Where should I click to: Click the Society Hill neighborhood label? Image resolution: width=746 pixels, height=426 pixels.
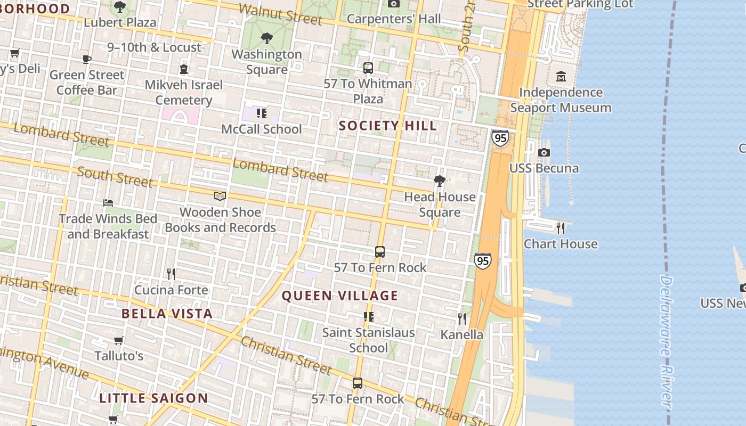pyautogui.click(x=387, y=126)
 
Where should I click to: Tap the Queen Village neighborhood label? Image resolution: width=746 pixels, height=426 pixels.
pyautogui.click(x=340, y=296)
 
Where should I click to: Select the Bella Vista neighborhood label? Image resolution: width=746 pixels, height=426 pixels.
pyautogui.click(x=167, y=313)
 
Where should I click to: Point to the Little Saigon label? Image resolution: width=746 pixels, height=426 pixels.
pyautogui.click(x=153, y=398)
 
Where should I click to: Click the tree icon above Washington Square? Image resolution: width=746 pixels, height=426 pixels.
pyautogui.click(x=266, y=38)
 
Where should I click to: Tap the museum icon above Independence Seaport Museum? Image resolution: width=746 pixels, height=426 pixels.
pyautogui.click(x=561, y=77)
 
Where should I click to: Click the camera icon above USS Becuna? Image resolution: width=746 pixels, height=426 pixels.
pyautogui.click(x=544, y=153)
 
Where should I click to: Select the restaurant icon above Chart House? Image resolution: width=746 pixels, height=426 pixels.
pyautogui.click(x=560, y=228)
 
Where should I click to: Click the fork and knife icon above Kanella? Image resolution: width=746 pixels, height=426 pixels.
pyautogui.click(x=461, y=319)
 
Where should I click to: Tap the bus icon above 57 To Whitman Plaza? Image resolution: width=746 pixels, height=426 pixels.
pyautogui.click(x=368, y=68)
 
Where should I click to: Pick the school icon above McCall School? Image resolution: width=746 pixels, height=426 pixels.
pyautogui.click(x=261, y=113)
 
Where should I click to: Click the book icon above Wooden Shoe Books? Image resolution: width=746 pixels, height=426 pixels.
pyautogui.click(x=220, y=196)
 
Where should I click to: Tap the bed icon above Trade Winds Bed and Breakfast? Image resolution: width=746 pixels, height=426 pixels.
pyautogui.click(x=108, y=203)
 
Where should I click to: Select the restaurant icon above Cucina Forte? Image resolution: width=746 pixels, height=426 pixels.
pyautogui.click(x=171, y=274)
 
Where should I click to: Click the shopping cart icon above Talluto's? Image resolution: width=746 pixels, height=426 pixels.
pyautogui.click(x=118, y=340)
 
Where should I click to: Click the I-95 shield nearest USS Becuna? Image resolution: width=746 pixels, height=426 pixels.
pyautogui.click(x=500, y=138)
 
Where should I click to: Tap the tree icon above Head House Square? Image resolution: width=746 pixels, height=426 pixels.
pyautogui.click(x=439, y=181)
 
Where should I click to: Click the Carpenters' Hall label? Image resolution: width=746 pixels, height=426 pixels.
pyautogui.click(x=394, y=19)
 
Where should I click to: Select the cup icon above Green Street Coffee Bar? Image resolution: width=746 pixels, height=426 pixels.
pyautogui.click(x=87, y=59)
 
